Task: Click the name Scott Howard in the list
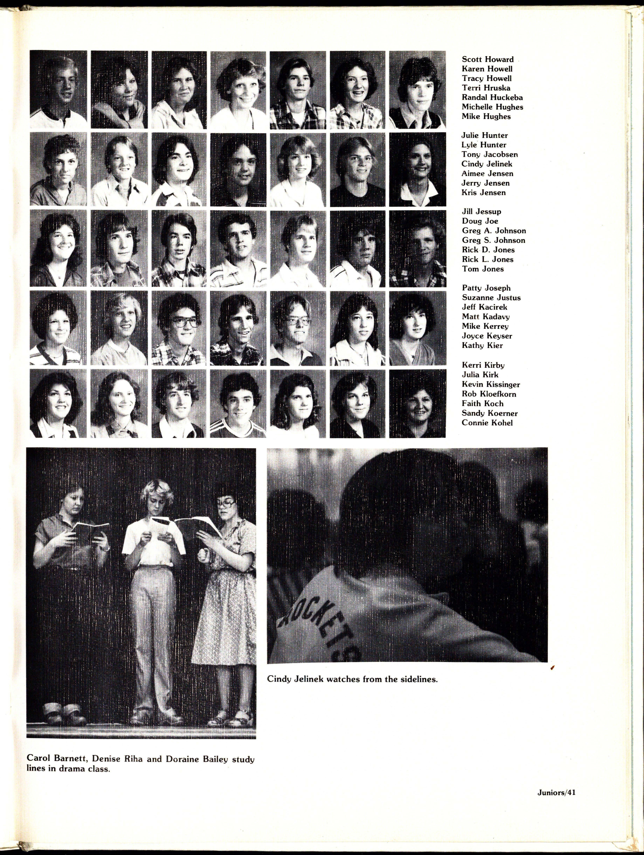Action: pos(487,59)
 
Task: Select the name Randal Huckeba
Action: pos(492,97)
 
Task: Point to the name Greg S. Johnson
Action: pos(494,240)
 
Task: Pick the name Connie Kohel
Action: pos(487,423)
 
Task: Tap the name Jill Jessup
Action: pos(481,212)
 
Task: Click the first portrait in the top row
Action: pos(58,90)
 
